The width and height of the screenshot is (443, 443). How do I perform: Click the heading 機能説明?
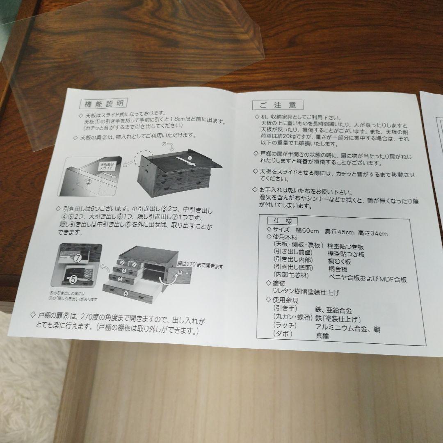pos(102,103)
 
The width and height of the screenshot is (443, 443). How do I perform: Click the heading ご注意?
pos(277,105)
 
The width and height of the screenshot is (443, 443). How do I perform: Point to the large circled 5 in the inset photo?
pos(73,280)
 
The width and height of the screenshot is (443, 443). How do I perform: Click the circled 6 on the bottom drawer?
pos(126,294)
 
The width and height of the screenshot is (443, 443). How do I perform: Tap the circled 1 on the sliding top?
pos(190,158)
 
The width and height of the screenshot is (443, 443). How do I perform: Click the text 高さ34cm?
pos(373,233)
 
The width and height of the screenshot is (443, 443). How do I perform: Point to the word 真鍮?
pos(324,336)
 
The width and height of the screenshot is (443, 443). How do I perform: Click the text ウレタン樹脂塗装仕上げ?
pos(306,292)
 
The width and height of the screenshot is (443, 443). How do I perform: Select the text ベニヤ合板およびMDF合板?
pos(368,279)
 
